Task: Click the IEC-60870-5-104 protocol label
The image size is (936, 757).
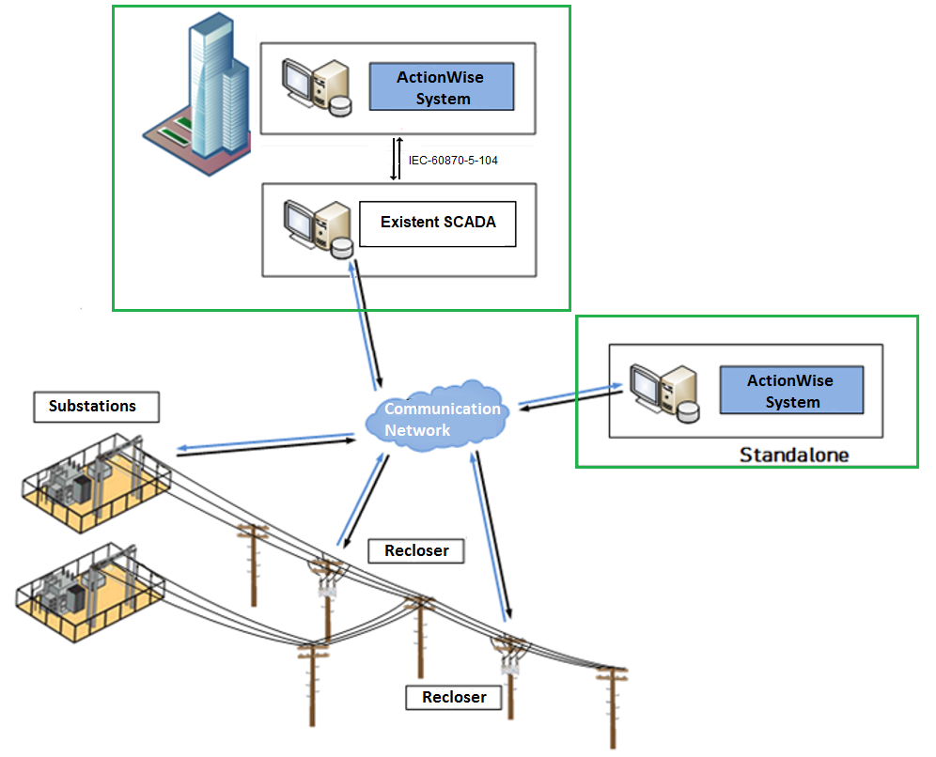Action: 453,161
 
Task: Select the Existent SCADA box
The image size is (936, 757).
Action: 438,223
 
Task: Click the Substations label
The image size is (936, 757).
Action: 92,407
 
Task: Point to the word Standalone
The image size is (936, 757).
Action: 794,456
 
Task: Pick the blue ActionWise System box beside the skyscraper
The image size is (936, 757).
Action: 442,87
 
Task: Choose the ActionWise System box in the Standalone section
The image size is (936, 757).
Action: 791,391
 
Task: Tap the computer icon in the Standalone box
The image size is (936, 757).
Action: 663,390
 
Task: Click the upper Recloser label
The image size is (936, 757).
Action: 416,550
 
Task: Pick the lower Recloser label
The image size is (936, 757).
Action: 454,697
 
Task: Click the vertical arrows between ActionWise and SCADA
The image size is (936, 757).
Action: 398,160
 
